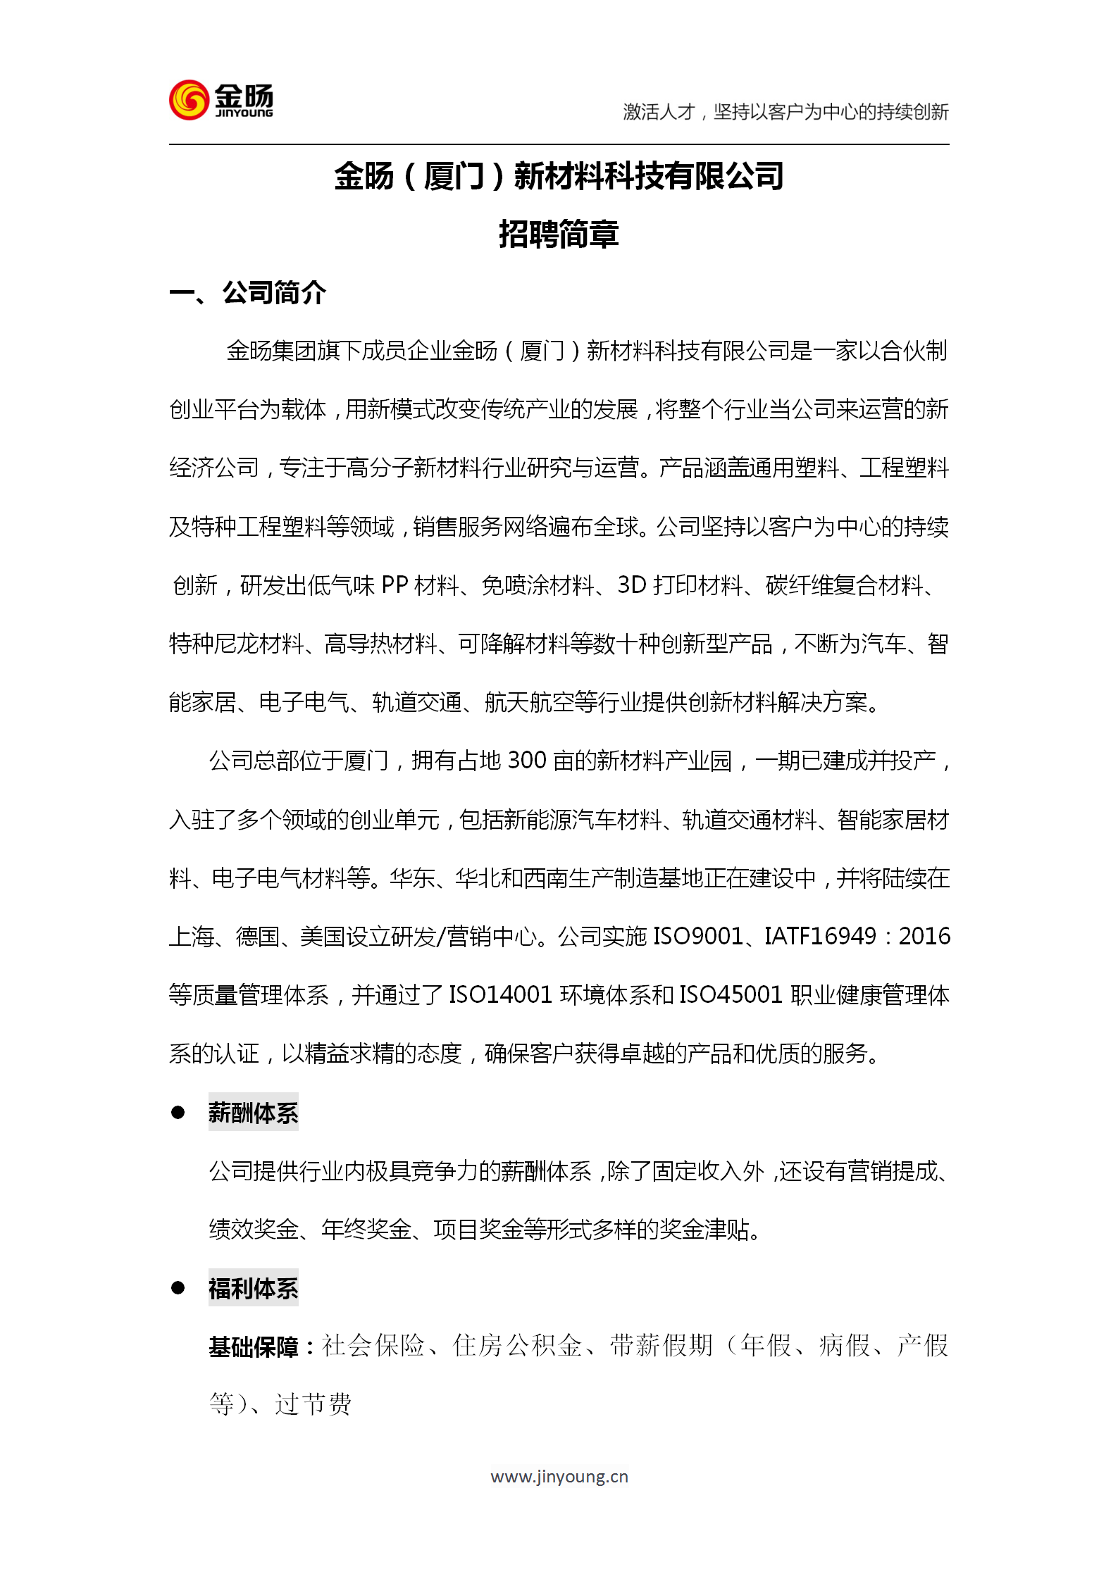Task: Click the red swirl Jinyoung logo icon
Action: tap(189, 100)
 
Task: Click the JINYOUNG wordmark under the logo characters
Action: tap(244, 113)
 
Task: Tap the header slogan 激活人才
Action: tap(659, 112)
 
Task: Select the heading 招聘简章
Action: tap(559, 235)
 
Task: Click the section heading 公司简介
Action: tap(274, 293)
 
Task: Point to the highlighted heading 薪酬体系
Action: tap(253, 1113)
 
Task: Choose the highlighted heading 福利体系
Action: tap(253, 1289)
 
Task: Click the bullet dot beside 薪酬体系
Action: tap(178, 1113)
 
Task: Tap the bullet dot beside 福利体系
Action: tap(178, 1288)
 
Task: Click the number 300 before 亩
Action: tap(527, 761)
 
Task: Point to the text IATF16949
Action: tap(820, 937)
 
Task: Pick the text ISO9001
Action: tap(698, 937)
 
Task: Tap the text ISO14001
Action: tap(500, 995)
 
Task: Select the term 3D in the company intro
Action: tap(632, 585)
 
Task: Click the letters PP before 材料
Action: tap(395, 585)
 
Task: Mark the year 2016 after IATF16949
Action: tap(924, 937)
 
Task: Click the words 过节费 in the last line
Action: tap(313, 1404)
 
